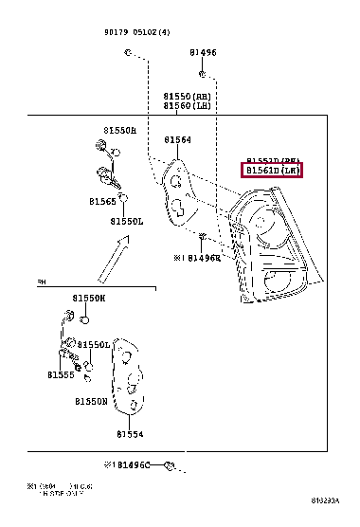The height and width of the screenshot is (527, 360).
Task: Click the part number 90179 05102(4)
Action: click(137, 30)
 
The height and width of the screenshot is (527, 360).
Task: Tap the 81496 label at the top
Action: click(202, 53)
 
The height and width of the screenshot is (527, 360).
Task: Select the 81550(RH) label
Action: click(190, 97)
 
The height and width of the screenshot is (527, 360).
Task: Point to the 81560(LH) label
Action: click(190, 107)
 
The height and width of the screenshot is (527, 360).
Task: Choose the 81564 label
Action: click(177, 140)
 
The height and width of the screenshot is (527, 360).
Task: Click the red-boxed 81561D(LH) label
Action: click(274, 171)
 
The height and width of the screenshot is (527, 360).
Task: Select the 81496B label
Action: click(203, 257)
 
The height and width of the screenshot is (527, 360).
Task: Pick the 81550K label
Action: click(89, 299)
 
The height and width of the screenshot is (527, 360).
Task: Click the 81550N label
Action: click(91, 402)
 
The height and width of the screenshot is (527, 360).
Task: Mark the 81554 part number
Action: click(130, 435)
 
